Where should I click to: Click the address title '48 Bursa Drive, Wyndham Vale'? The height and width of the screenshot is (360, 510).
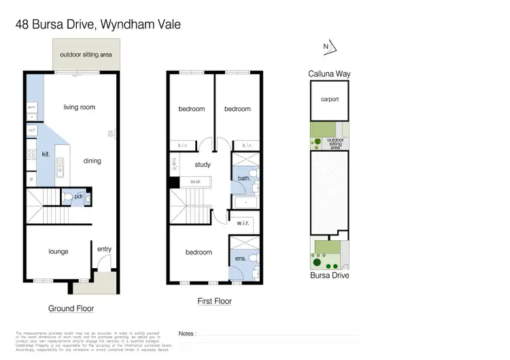pyautogui.click(x=99, y=25)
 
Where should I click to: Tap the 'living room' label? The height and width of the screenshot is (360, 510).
pyautogui.click(x=79, y=107)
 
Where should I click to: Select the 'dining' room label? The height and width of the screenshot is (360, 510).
pyautogui.click(x=92, y=161)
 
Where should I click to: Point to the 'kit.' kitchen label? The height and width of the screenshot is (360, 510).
pyautogui.click(x=46, y=154)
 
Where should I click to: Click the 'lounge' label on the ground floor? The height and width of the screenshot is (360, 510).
pyautogui.click(x=58, y=251)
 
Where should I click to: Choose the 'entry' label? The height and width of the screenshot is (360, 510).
pyautogui.click(x=104, y=249)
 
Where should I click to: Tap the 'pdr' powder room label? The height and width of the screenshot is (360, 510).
pyautogui.click(x=79, y=196)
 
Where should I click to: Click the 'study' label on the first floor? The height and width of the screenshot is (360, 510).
pyautogui.click(x=202, y=165)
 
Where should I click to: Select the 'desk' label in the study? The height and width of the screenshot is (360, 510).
pyautogui.click(x=195, y=182)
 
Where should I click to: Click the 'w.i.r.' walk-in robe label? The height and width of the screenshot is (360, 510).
pyautogui.click(x=244, y=223)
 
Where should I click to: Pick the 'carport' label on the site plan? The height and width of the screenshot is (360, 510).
pyautogui.click(x=330, y=99)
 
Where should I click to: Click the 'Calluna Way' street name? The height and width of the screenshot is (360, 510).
pyautogui.click(x=330, y=73)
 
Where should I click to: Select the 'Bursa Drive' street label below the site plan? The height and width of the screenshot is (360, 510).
pyautogui.click(x=330, y=276)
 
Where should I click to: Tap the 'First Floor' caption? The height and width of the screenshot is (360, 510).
pyautogui.click(x=214, y=301)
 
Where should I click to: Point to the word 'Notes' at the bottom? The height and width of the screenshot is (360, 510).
pyautogui.click(x=186, y=334)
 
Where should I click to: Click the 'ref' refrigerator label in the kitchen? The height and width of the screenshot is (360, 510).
pyautogui.click(x=32, y=129)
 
